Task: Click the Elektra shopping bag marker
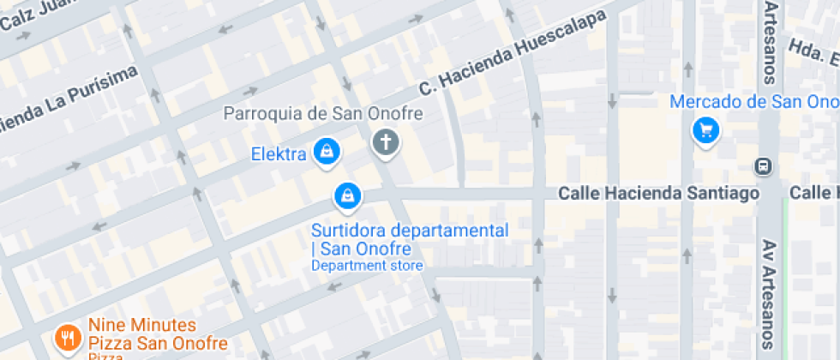(x=326, y=153)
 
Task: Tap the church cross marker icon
(x=386, y=142)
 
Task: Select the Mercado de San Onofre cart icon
(x=705, y=131)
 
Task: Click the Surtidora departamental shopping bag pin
(x=347, y=195)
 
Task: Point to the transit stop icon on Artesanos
(x=761, y=165)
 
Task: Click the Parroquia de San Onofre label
(x=323, y=114)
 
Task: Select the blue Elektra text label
(x=279, y=155)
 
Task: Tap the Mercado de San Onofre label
(x=753, y=102)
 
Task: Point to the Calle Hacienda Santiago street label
(x=658, y=194)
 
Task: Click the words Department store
(x=367, y=266)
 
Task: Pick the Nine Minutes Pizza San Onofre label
(x=157, y=335)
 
